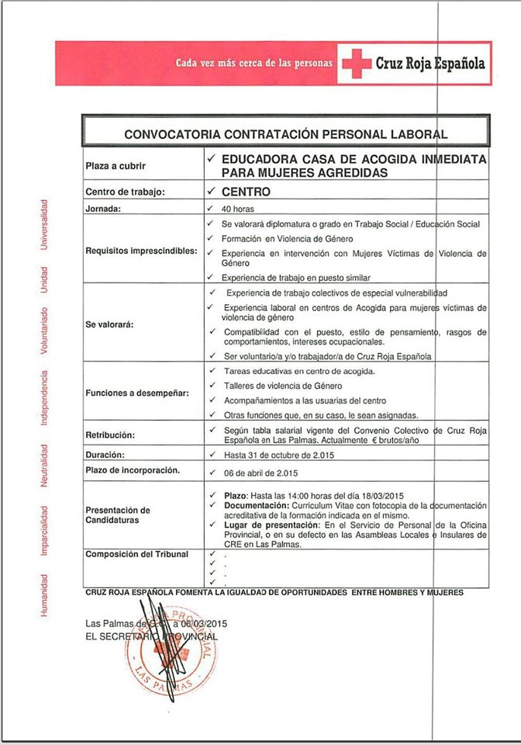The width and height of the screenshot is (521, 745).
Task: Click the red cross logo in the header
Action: tap(357, 64)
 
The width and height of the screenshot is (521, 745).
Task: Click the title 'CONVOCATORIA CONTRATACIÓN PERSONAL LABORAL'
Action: tap(286, 134)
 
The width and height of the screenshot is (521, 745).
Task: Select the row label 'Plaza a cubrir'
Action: tap(116, 166)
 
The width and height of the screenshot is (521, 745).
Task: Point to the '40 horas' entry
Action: tap(238, 209)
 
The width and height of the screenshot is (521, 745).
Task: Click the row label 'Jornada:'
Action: tap(106, 209)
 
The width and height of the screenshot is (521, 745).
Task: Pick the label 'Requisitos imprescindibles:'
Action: tap(141, 251)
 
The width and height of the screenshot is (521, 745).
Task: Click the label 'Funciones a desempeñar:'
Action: tap(137, 393)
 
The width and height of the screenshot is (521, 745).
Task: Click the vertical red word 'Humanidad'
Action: tap(45, 596)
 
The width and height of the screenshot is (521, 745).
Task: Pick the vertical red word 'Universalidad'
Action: tap(45, 224)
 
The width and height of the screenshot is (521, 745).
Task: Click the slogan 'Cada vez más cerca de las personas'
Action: tap(254, 62)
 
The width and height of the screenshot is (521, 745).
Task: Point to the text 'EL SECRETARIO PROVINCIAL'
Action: tap(151, 636)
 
